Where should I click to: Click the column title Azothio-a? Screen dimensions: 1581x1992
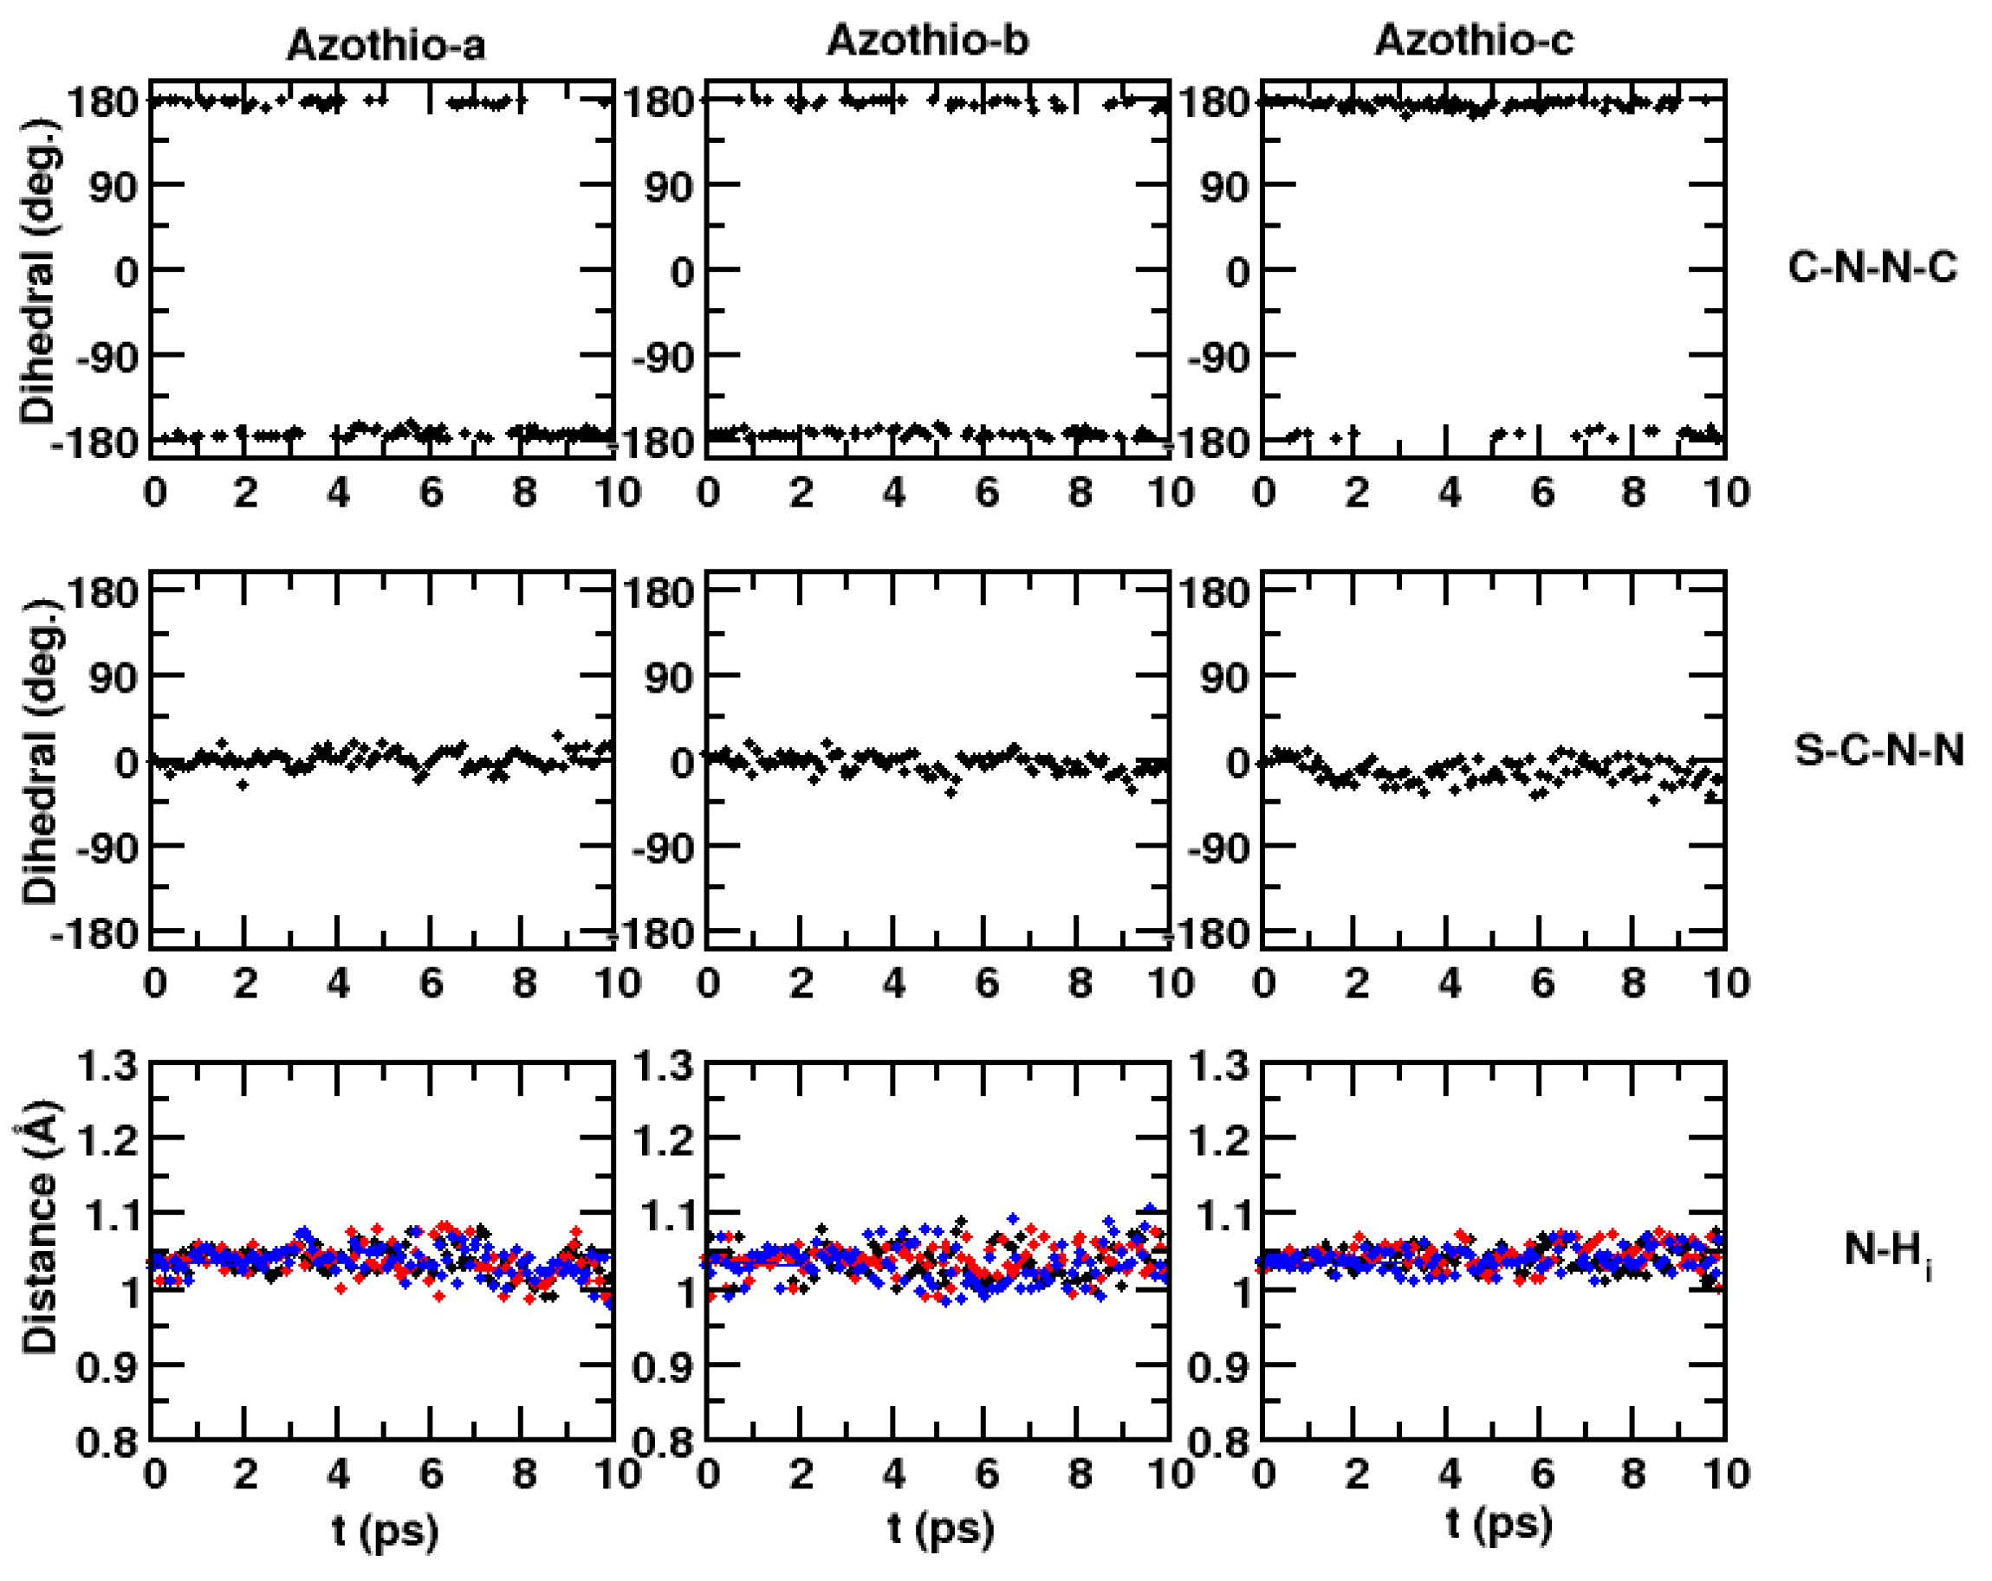pos(386,44)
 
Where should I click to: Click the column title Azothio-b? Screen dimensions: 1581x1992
pos(927,41)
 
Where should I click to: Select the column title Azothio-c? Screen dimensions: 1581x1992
pos(1474,41)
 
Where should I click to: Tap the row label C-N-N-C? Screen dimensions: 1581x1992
pos(1871,268)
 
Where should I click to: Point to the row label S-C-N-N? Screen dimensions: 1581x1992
pos(1878,750)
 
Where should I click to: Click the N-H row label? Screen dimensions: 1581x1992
pos(1885,1252)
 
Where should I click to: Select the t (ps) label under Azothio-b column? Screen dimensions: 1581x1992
pos(941,1528)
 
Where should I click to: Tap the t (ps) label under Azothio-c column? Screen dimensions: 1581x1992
pos(1499,1524)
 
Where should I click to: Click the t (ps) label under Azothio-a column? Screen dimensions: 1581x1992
pos(386,1530)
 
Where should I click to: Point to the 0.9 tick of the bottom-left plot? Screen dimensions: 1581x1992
pos(107,1368)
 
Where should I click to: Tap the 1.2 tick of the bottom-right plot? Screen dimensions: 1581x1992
pos(1217,1141)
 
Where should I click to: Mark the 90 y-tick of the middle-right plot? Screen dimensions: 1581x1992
pos(1224,678)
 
